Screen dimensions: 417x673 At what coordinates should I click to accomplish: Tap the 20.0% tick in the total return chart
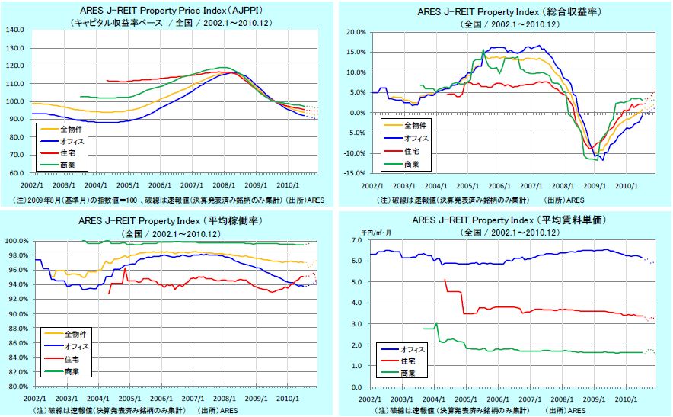click(356, 33)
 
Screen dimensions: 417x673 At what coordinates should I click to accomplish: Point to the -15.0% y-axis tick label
click(354, 173)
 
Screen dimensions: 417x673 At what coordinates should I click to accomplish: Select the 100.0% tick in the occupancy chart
click(17, 242)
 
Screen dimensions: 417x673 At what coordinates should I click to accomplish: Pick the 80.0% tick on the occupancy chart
click(18, 387)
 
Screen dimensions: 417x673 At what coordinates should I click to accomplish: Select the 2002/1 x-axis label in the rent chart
click(371, 399)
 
